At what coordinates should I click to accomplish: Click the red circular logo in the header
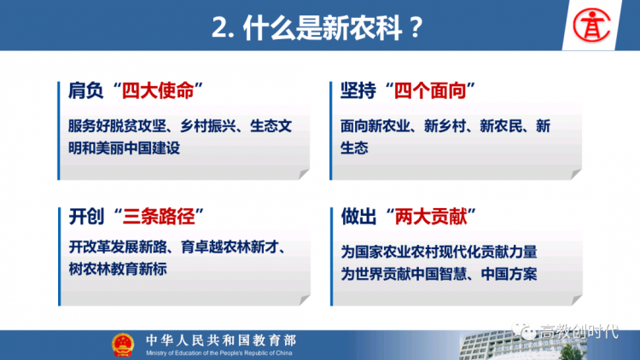(x=591, y=26)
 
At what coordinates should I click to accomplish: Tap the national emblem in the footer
(x=123, y=345)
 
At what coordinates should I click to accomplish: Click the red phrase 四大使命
(x=158, y=90)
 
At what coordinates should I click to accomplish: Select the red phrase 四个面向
(x=430, y=90)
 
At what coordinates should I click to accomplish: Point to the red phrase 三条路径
(x=159, y=217)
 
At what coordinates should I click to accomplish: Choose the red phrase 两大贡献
(x=431, y=217)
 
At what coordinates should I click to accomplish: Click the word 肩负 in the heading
(x=85, y=90)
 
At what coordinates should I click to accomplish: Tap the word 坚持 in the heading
(x=358, y=90)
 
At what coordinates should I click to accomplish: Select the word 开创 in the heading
(x=86, y=217)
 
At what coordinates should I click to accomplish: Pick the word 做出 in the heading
(x=358, y=217)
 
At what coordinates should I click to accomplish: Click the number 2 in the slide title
(x=219, y=28)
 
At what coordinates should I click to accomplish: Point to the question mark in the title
(x=416, y=28)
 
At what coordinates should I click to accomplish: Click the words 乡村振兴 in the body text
(x=207, y=126)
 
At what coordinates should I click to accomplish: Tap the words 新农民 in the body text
(x=501, y=126)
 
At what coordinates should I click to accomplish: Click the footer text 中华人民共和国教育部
(x=221, y=340)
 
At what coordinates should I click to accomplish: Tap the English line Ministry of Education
(x=219, y=353)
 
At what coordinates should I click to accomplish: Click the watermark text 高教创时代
(x=579, y=332)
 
